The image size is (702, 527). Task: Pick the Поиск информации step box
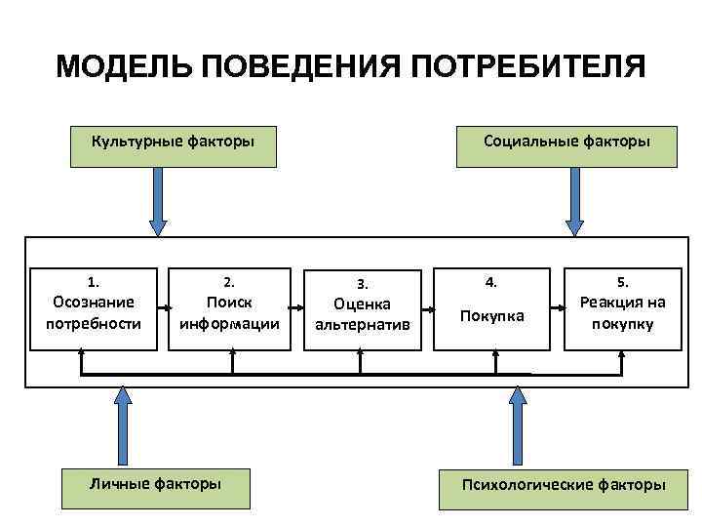tap(230, 308)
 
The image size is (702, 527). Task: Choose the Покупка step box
tap(492, 308)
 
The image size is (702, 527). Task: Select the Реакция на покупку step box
tap(622, 308)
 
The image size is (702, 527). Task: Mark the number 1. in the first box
tap(94, 281)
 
